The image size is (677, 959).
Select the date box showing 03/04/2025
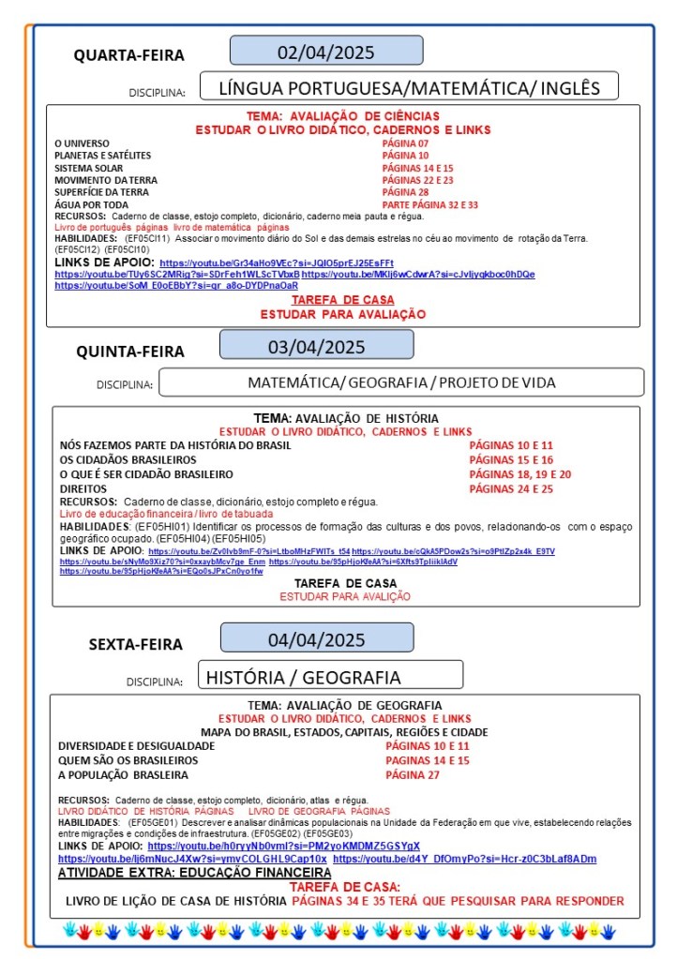tap(316, 346)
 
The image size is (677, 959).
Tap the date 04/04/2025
tap(316, 640)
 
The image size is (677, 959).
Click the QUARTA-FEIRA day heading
tap(129, 55)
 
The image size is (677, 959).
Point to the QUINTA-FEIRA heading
tap(130, 352)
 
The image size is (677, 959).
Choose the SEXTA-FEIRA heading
tap(135, 644)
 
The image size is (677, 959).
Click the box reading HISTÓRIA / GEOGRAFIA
tap(330, 677)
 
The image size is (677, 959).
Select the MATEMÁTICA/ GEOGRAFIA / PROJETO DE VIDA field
tap(401, 382)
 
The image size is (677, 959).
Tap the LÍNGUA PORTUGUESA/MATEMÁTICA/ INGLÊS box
tap(408, 88)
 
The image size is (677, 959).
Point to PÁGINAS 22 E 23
tap(417, 180)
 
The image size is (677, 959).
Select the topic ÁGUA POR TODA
tap(91, 204)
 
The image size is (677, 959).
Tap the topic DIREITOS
tap(77, 489)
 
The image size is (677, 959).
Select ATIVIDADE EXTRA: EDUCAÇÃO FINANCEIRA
tap(181, 873)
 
